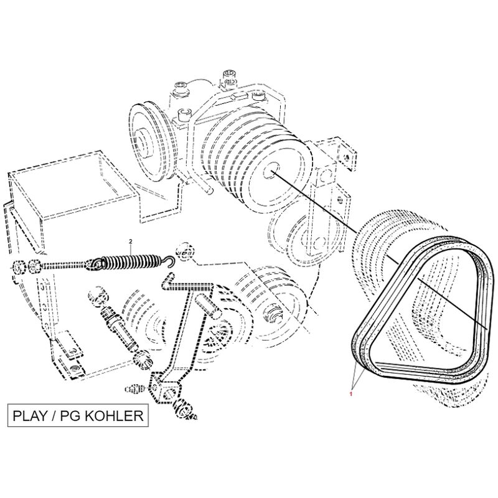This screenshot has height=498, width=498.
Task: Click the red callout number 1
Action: click(351, 394)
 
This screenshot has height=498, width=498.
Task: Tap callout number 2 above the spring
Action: click(130, 242)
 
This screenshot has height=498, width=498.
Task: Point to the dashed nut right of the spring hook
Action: click(184, 250)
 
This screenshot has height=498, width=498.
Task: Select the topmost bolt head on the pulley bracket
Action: click(230, 76)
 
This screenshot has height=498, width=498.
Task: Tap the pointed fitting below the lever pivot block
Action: click(186, 409)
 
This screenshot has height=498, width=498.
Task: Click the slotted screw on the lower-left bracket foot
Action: click(75, 368)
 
